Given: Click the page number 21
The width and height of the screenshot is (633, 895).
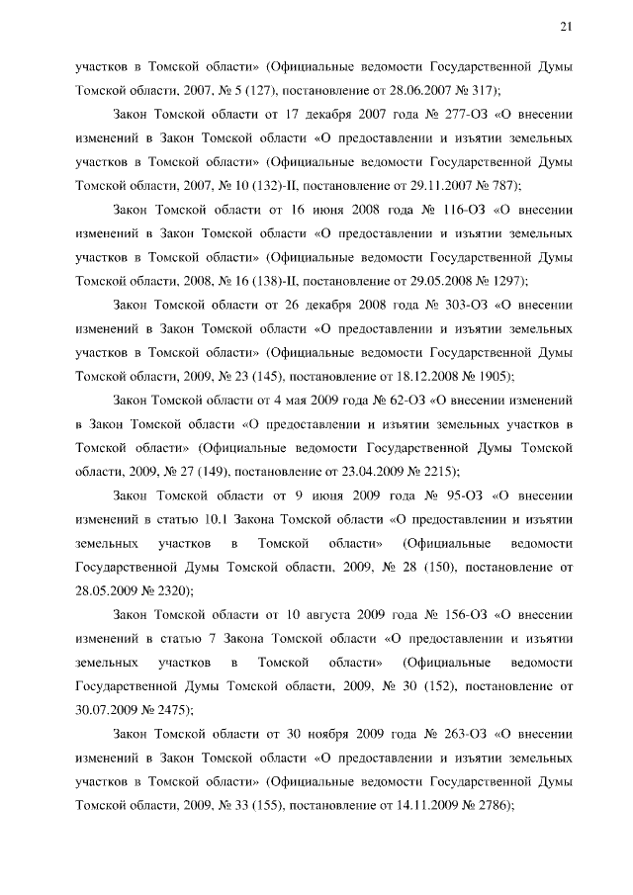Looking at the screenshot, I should point(567,27).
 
